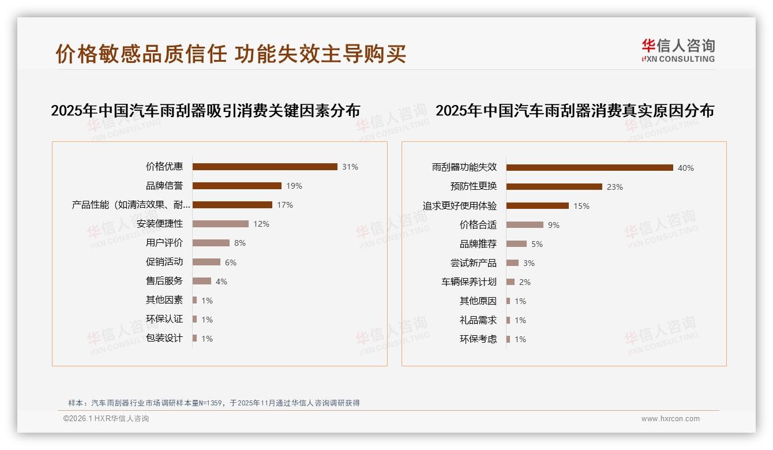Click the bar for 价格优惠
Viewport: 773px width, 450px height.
point(265,167)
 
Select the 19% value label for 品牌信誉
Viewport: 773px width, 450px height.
point(294,186)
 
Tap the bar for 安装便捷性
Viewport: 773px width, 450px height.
point(220,224)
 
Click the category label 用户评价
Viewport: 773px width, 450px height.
point(164,243)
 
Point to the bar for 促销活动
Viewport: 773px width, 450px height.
point(207,262)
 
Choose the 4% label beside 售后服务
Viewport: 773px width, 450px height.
point(222,282)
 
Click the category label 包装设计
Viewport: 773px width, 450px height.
point(164,338)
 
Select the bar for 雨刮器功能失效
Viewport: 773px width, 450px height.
point(590,168)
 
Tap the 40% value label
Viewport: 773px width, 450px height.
point(686,168)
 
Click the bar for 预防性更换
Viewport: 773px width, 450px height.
point(554,187)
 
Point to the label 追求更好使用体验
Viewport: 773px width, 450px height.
point(460,206)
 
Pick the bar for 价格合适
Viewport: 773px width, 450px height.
point(525,225)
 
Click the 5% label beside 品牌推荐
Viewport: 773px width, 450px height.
point(537,244)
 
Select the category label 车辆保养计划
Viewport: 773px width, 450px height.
point(469,282)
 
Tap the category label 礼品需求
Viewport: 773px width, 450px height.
point(478,320)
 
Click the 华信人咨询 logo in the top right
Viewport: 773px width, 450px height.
point(678,50)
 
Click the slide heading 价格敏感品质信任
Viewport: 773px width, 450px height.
point(141,54)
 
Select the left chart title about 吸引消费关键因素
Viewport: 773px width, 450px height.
point(205,111)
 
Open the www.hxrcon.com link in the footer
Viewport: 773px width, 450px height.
point(670,419)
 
